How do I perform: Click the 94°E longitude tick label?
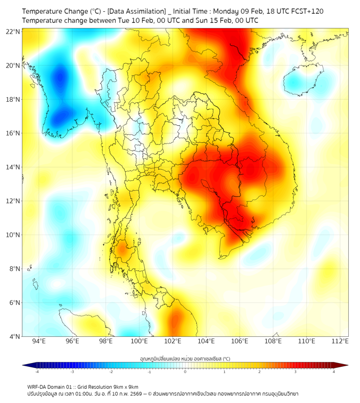[x=39, y=341]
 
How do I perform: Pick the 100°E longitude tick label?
[x=140, y=341]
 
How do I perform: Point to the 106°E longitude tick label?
[x=240, y=341]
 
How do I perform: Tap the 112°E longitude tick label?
[x=340, y=341]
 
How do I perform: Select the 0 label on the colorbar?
[x=185, y=372]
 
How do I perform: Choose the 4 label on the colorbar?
[x=334, y=372]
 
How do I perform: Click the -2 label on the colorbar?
[x=111, y=372]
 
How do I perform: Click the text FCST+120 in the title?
[x=305, y=11]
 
